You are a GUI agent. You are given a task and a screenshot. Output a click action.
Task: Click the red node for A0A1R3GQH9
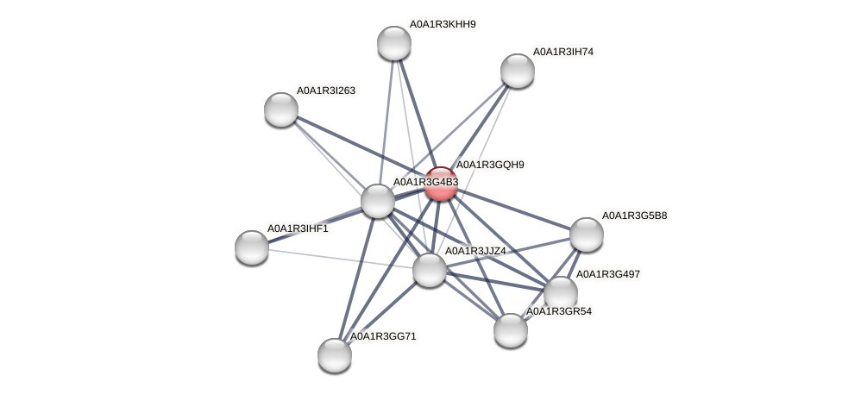click(x=441, y=184)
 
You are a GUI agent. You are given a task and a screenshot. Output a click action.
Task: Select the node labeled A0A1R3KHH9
click(x=394, y=43)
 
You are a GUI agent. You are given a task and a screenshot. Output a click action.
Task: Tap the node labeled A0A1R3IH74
click(x=518, y=71)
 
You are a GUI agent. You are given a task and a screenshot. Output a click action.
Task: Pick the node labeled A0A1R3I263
click(x=281, y=109)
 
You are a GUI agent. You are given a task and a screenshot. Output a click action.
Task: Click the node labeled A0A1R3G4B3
click(x=378, y=201)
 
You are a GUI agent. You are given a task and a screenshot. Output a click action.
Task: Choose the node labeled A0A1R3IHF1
click(x=252, y=247)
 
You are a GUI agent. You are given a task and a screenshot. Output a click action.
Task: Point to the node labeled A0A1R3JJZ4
click(x=430, y=270)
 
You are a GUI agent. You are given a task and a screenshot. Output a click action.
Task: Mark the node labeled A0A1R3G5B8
click(x=587, y=235)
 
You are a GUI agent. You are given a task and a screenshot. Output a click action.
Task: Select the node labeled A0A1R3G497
click(x=561, y=293)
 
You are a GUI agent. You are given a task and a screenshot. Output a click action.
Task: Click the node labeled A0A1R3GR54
click(x=511, y=329)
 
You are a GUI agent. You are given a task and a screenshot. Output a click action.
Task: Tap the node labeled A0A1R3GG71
click(x=335, y=354)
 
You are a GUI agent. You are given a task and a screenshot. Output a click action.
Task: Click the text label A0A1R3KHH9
click(x=443, y=24)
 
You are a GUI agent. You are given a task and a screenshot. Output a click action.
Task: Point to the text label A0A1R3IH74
click(x=563, y=52)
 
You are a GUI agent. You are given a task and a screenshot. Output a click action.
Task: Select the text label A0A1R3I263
click(x=326, y=91)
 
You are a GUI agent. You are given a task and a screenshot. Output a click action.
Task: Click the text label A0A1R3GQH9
click(x=490, y=165)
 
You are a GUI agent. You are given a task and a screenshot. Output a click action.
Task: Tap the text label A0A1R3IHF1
click(x=298, y=228)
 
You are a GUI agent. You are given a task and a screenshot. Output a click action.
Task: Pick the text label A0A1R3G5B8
click(x=634, y=216)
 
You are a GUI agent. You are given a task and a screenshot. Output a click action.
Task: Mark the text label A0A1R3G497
click(x=608, y=274)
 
